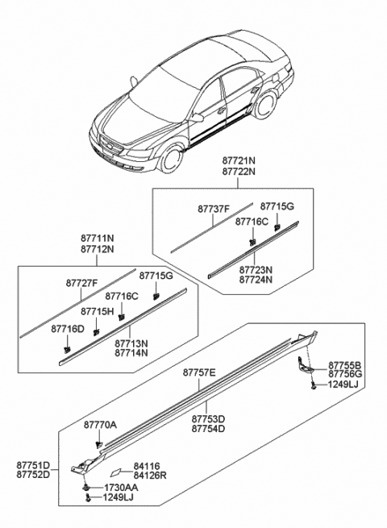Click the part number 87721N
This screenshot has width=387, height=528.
coord(240,161)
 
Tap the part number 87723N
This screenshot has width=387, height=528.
coord(256,270)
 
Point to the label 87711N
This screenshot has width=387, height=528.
coord(97,239)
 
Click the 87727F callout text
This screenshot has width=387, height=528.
coord(82,283)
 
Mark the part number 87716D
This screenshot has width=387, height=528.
coord(67,329)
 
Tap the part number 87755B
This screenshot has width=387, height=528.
coord(344,364)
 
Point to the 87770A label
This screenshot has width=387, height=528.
coord(100,424)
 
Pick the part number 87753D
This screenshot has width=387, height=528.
coord(208,419)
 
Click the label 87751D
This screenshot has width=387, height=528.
coord(33,465)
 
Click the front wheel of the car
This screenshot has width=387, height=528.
coord(170,160)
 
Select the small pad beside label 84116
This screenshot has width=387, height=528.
coord(115,471)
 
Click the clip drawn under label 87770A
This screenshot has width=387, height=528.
coord(98,442)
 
